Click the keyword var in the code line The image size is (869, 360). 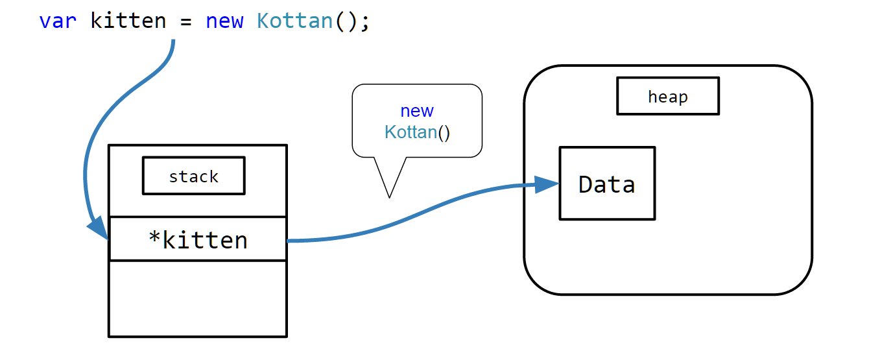pyautogui.click(x=58, y=21)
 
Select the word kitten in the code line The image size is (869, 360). pyautogui.click(x=128, y=20)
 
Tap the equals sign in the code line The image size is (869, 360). pyautogui.click(x=186, y=21)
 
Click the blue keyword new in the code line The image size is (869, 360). pyautogui.click(x=224, y=21)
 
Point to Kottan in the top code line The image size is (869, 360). pyautogui.click(x=295, y=21)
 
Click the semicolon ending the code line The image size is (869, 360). pyautogui.click(x=364, y=22)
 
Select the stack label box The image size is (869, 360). pyautogui.click(x=194, y=175)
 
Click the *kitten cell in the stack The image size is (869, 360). pyautogui.click(x=198, y=239)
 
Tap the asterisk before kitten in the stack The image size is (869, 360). pyautogui.click(x=154, y=236)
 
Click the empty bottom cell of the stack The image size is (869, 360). pyautogui.click(x=198, y=299)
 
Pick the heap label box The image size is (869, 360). pyautogui.click(x=668, y=96)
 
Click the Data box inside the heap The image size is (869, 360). pyautogui.click(x=607, y=183)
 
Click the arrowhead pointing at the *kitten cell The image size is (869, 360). pyautogui.click(x=99, y=228)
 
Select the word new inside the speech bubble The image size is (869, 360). pyautogui.click(x=417, y=112)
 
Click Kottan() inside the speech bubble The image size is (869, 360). pyautogui.click(x=417, y=132)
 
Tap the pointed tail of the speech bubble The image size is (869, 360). pyautogui.click(x=390, y=197)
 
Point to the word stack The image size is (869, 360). pyautogui.click(x=194, y=177)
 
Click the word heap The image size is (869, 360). pyautogui.click(x=668, y=97)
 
